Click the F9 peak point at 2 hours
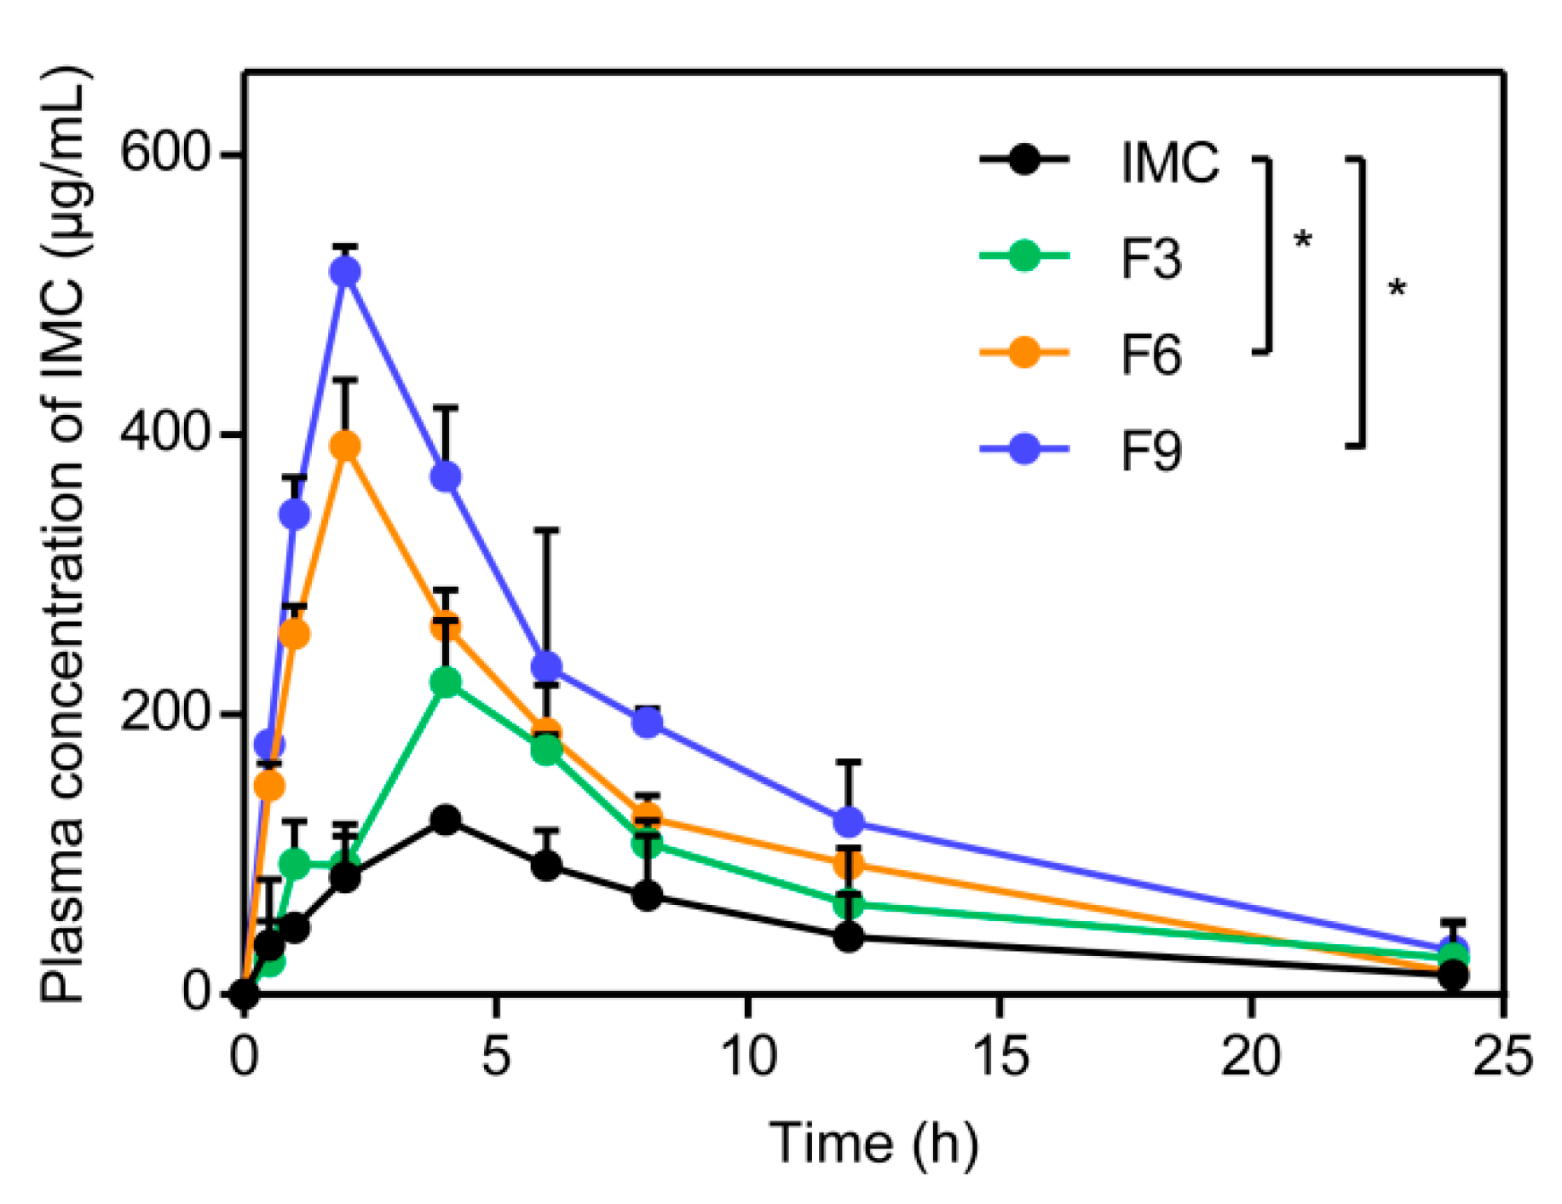pos(345,272)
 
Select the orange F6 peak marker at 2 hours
pos(345,446)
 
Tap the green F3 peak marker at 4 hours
pos(446,682)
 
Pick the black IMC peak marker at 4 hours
pos(446,820)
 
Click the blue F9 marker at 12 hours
pos(849,821)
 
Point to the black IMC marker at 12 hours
pos(849,937)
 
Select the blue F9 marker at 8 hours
pos(648,723)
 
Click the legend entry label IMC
pos(1169,162)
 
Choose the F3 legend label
pos(1150,259)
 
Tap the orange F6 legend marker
pos(1024,352)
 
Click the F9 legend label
pos(1150,451)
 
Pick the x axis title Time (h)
pos(873,1144)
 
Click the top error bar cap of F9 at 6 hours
pos(546,530)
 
